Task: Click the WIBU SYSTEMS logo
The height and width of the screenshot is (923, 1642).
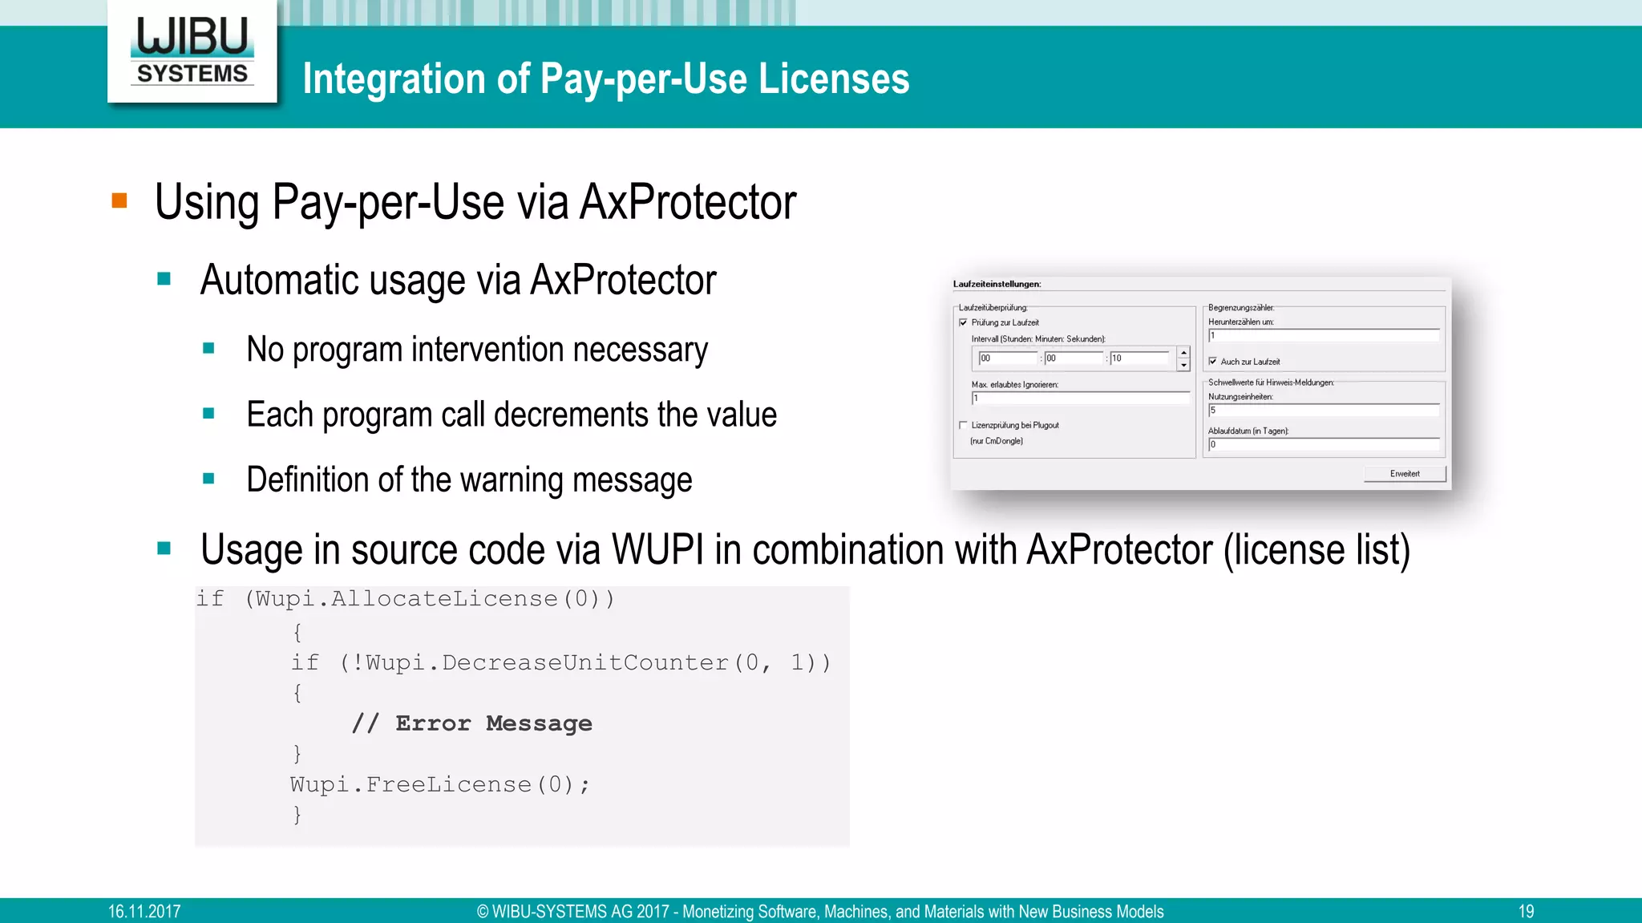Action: [192, 51]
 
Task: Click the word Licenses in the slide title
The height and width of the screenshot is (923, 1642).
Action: [834, 79]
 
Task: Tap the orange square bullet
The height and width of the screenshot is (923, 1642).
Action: [119, 200]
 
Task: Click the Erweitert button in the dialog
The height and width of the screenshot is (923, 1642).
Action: [1405, 474]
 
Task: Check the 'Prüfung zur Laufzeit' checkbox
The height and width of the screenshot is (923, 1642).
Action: [963, 322]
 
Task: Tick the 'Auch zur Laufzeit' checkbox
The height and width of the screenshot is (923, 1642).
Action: [1213, 362]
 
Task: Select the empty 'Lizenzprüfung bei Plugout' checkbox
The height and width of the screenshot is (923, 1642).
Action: [963, 425]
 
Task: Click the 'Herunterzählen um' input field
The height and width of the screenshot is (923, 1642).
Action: [1323, 336]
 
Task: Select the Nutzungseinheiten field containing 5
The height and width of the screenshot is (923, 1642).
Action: [1323, 411]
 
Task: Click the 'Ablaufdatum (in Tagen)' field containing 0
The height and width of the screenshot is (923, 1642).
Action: [1323, 444]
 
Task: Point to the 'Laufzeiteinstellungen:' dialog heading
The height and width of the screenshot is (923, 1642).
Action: [997, 284]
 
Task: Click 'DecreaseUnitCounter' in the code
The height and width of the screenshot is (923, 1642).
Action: [584, 662]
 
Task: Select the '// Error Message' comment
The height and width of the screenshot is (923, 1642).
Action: [472, 723]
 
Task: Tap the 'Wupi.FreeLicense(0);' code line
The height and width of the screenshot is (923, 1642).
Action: [439, 784]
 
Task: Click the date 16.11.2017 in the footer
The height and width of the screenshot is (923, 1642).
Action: [144, 911]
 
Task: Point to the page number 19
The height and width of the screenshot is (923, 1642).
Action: [1526, 911]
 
